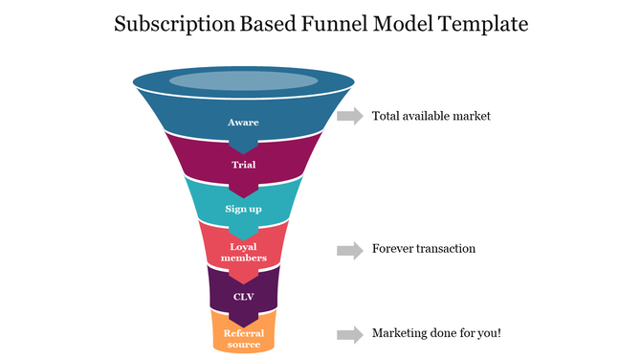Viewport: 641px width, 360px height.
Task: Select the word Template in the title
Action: coord(482,24)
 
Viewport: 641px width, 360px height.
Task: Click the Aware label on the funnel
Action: coord(243,123)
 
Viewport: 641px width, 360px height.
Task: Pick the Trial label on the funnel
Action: coord(243,165)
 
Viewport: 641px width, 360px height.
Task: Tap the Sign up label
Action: coord(243,208)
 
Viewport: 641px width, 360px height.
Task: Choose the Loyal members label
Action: coord(243,252)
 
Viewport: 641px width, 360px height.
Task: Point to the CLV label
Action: coord(243,296)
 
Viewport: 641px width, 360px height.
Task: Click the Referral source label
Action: coord(243,338)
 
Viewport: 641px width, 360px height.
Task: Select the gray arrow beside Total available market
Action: coord(349,116)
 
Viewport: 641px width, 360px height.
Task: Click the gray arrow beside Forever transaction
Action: coord(349,250)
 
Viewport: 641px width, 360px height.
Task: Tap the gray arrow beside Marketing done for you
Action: coord(349,334)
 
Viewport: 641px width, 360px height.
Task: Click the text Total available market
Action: coord(431,116)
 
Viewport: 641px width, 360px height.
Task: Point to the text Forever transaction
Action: coord(424,249)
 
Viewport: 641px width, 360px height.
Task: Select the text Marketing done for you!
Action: coord(436,333)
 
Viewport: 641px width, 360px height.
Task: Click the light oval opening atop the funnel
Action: coord(243,81)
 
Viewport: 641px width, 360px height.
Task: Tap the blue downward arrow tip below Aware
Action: coord(243,146)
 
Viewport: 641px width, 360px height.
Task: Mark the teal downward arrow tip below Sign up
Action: coord(243,233)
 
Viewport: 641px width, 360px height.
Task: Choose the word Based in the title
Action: coord(262,24)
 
